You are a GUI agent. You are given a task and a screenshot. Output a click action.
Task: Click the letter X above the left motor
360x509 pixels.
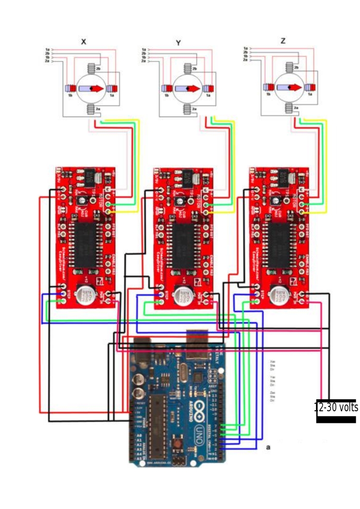coord(84,42)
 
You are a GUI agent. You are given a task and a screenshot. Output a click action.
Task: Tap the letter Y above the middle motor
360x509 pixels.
coord(178,43)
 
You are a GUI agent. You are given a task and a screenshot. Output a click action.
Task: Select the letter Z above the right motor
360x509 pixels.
coord(283,42)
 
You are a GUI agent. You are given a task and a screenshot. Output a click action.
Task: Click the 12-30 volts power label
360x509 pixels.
coord(336,407)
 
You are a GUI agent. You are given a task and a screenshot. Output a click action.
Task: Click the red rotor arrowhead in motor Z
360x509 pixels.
coord(296,87)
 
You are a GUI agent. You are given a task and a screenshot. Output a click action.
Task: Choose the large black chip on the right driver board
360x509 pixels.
coord(279,240)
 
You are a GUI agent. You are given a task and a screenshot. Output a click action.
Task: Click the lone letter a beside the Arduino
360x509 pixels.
coord(268,448)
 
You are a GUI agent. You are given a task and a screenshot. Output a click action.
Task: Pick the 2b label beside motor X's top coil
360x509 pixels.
coord(98,70)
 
